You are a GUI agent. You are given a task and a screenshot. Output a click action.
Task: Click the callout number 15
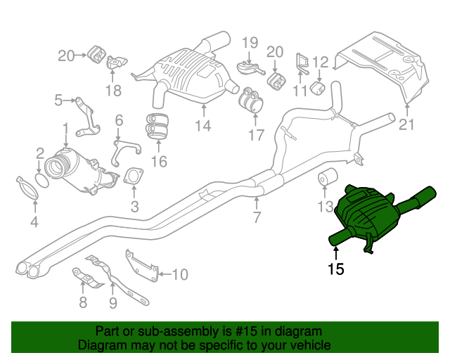pos(335,269)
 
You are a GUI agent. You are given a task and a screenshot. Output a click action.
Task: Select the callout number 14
pos(202,126)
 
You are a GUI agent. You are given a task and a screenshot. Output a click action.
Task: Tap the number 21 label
pos(407,126)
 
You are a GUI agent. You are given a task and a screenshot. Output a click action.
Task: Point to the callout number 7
pos(257,217)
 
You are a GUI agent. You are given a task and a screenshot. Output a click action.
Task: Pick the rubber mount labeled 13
pos(328,179)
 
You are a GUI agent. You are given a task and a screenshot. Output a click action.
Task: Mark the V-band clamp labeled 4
pos(28,188)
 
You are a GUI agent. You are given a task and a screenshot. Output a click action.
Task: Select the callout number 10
pos(179,274)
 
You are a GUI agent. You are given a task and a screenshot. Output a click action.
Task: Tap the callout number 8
pos(83,303)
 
